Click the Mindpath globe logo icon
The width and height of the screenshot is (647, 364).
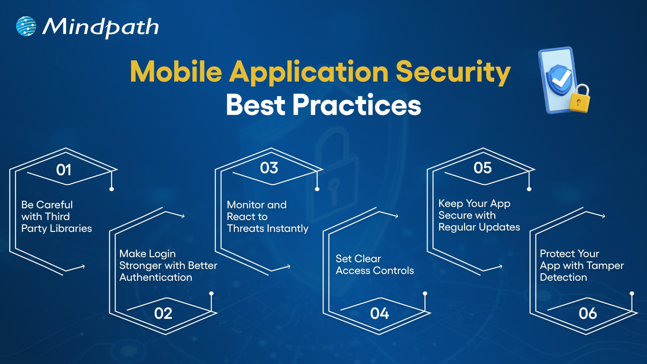point(26,26)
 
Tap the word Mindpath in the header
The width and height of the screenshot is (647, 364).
point(100,27)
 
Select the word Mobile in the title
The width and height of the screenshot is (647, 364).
point(176,71)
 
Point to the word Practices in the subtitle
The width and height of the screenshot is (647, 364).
point(357,105)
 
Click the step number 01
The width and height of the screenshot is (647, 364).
point(63,170)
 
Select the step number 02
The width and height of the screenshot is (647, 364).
point(163,313)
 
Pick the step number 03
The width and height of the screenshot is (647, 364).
point(269,168)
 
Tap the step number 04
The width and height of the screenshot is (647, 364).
point(379,313)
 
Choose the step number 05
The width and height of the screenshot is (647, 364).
point(483,168)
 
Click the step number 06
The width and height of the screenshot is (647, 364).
point(588,313)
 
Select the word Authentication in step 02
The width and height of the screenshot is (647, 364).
point(156,277)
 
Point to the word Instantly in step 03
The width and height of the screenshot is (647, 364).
point(287,229)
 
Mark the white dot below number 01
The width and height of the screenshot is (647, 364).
point(112,189)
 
